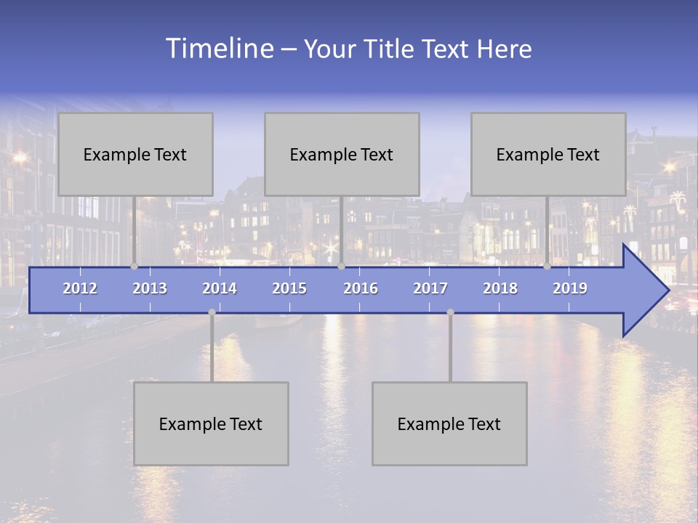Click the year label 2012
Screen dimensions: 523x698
(x=80, y=288)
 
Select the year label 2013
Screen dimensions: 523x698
(x=150, y=288)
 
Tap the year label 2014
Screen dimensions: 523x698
(x=220, y=288)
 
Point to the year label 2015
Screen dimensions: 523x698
(x=289, y=288)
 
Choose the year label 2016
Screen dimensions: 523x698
(x=361, y=288)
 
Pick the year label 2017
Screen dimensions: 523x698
(x=430, y=288)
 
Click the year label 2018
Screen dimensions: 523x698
(x=500, y=288)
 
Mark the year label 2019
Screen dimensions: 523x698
(x=570, y=288)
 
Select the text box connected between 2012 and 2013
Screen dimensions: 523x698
(x=135, y=154)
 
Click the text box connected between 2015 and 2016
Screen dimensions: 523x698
(x=342, y=154)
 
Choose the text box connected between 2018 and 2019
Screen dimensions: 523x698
(x=548, y=154)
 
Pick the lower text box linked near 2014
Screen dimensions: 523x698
(x=211, y=423)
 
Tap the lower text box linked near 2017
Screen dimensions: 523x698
(x=449, y=423)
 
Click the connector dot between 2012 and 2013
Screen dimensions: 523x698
(x=134, y=267)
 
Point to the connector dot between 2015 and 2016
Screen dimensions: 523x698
(x=341, y=267)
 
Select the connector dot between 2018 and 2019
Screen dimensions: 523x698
(x=547, y=267)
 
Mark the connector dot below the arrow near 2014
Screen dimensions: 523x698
(x=212, y=312)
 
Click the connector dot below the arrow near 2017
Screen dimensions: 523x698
(x=450, y=312)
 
